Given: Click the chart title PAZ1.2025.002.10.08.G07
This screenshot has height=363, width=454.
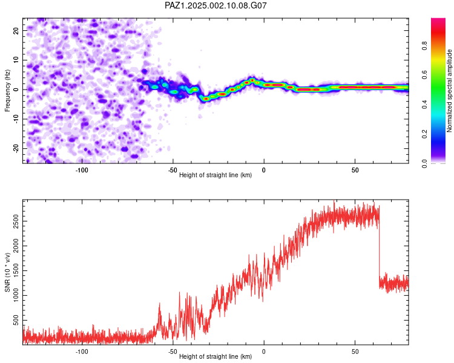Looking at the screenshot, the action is point(215,5).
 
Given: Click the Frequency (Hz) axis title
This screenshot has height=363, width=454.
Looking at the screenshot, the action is point(7,91).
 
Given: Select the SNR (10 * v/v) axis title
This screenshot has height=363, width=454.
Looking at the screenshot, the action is point(7,272).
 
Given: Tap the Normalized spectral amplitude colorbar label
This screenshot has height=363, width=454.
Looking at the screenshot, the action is point(449,91).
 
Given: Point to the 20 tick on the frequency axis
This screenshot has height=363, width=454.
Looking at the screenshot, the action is point(16,31).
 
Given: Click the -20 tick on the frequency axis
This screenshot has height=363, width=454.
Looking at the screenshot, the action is point(16,149).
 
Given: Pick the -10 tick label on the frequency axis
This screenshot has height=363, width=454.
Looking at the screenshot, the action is point(16,119).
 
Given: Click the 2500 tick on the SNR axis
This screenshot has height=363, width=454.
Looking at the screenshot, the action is point(16,221).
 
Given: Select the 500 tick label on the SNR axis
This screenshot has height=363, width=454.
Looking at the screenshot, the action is point(16,320).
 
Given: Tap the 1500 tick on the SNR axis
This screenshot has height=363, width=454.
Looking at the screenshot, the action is point(16,270).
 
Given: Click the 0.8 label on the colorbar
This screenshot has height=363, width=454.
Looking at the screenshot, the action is point(424,45).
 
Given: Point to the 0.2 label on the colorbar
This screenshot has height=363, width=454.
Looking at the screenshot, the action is point(424,134).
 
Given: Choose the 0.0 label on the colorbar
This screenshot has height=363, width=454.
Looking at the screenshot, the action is point(424,163).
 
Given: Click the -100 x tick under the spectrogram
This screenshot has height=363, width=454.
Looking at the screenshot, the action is point(82,170).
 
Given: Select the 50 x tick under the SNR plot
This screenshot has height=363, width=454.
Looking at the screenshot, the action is point(355,352).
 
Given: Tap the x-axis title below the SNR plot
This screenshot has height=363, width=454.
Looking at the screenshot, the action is point(215,356).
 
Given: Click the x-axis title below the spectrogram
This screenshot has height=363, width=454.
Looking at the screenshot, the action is point(215,175).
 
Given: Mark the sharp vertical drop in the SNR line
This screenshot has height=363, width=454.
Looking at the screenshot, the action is point(380,246).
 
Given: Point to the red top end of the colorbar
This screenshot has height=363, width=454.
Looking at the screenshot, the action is point(438,20).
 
